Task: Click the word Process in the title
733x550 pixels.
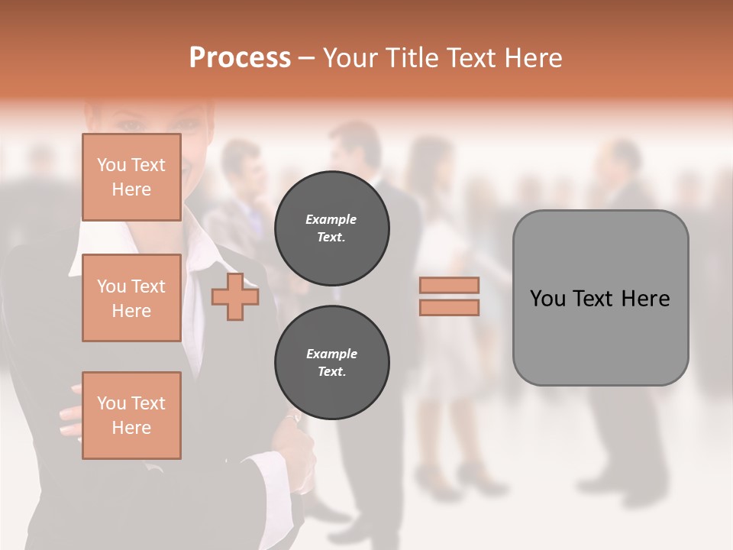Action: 240,58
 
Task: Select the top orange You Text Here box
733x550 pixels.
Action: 131,177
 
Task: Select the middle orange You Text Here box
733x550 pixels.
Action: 131,298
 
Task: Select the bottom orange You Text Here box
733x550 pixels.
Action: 131,416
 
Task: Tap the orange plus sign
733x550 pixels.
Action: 234,297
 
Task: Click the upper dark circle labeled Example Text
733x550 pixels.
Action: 331,228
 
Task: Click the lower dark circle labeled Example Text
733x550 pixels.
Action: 331,363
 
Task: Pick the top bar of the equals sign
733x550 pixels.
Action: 449,286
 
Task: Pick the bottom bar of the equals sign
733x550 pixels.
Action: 449,308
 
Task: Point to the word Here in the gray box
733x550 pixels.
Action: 646,299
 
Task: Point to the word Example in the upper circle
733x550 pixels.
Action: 331,219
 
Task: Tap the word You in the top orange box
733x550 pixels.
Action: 111,165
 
